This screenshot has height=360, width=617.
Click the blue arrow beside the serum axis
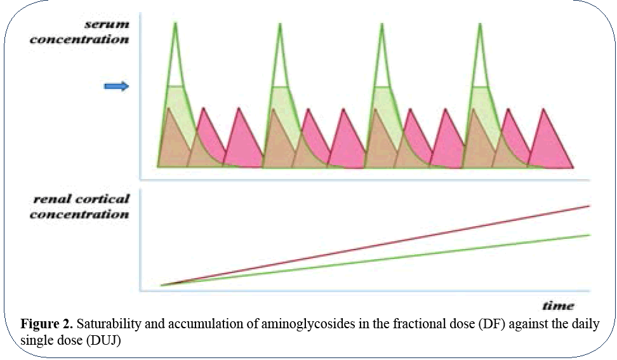click(116, 86)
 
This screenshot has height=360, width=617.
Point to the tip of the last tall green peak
click(481, 25)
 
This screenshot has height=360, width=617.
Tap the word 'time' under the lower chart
click(558, 305)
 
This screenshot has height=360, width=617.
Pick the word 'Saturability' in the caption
click(104, 324)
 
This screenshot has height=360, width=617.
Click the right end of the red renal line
click(590, 206)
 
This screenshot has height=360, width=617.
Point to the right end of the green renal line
click(590, 235)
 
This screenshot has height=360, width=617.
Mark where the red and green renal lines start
click(163, 285)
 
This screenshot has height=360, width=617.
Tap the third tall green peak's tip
click(381, 25)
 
